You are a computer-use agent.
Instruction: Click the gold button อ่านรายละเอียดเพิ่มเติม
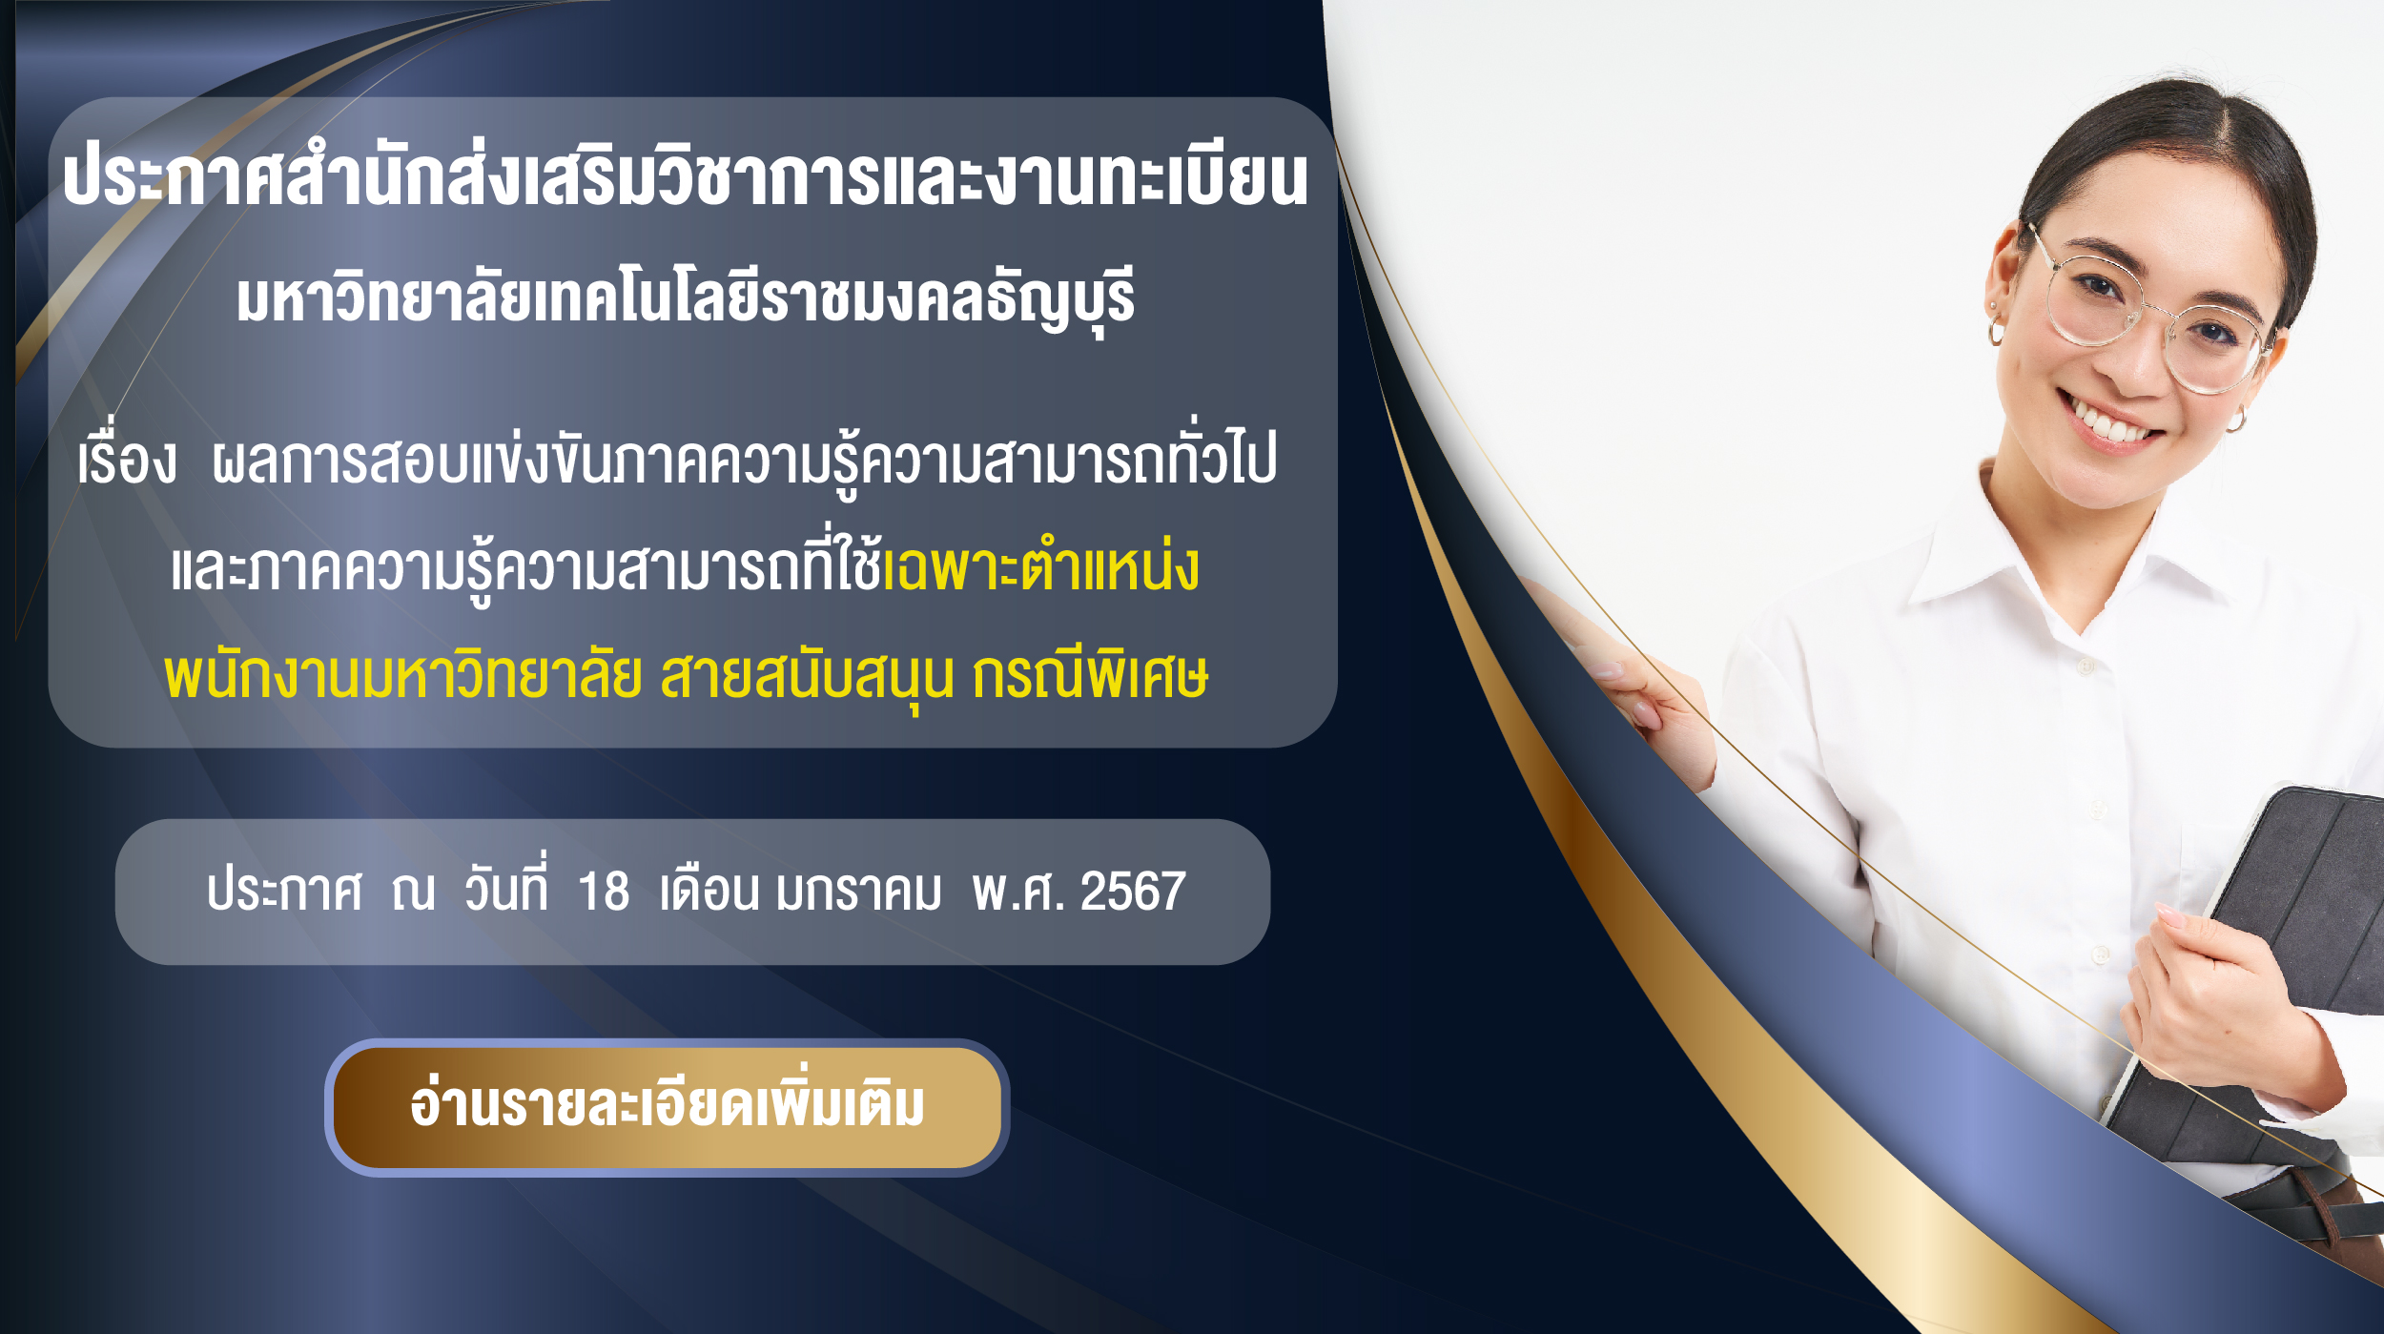click(668, 1107)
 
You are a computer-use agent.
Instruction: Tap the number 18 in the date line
click(604, 892)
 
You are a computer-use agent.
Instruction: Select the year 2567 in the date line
click(1133, 892)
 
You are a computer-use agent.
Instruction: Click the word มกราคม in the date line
click(858, 892)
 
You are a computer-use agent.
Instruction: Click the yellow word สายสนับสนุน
click(807, 675)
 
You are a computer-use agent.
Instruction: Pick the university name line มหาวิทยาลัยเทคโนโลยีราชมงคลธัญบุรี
click(686, 298)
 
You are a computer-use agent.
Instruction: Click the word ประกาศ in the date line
click(284, 892)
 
